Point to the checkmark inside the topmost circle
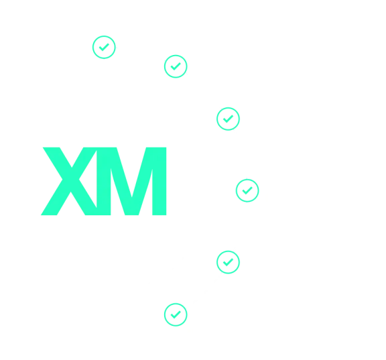pos(104,48)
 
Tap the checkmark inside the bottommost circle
pos(176,314)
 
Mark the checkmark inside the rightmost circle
pos(247,190)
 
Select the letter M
pos(131,181)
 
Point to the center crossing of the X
pos(70,180)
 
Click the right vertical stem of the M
pos(159,181)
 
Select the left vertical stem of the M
pos(104,181)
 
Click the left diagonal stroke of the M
pos(121,181)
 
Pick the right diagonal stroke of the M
pos(142,181)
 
